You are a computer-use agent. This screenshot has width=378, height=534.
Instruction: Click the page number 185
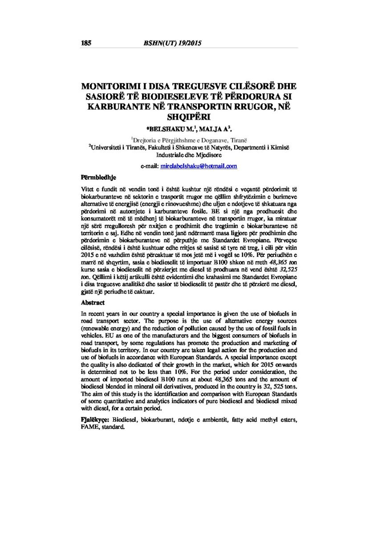86,43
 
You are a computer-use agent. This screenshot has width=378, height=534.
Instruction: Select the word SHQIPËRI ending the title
189,117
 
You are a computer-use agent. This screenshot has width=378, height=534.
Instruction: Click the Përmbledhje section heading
98,177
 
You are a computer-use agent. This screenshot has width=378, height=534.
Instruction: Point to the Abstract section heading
93,303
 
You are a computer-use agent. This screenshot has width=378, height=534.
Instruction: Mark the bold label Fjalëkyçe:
95,420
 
